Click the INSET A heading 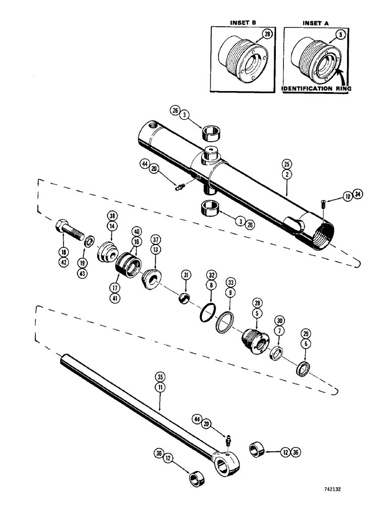click(x=316, y=22)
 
